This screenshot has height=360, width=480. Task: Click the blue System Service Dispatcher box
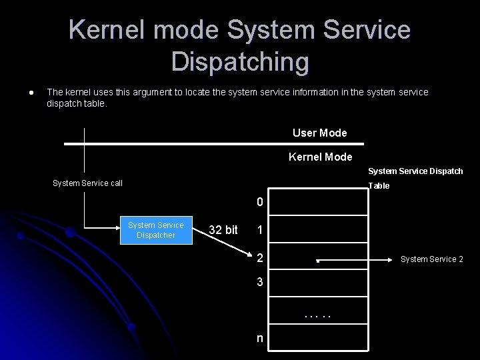coord(156,230)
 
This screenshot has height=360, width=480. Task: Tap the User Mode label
coord(319,133)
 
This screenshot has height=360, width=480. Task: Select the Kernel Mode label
coord(320,157)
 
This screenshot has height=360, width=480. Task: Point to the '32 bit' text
coord(223,230)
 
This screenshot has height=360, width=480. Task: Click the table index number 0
coord(260,202)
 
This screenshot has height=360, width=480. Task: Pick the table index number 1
coord(260,230)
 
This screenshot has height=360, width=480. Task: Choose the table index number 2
coord(260,259)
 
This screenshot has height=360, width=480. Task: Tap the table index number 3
coord(260,282)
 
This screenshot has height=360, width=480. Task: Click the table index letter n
coord(260,338)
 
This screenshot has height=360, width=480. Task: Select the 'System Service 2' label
coord(431,259)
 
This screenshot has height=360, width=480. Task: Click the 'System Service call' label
coord(87,183)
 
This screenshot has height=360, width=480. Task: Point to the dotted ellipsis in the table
coord(318,315)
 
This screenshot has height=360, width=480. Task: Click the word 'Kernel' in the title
coord(107,30)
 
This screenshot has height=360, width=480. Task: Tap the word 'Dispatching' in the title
coord(240,61)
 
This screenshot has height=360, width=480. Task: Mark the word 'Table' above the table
coord(379,186)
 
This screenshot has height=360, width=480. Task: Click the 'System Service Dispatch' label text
coord(415,171)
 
